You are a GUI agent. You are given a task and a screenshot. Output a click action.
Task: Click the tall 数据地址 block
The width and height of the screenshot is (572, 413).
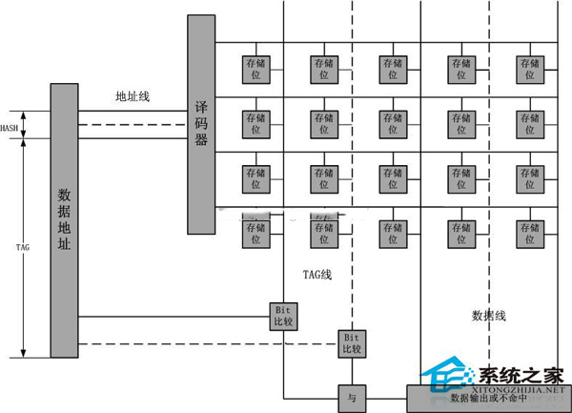64,220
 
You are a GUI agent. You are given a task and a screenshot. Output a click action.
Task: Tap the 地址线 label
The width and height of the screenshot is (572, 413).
133,96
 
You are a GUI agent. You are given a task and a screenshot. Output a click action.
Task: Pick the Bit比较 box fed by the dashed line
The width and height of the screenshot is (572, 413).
351,343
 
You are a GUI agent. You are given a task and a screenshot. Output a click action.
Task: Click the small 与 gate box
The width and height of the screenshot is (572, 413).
352,396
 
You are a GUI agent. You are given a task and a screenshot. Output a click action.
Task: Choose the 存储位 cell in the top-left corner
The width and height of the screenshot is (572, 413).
255,69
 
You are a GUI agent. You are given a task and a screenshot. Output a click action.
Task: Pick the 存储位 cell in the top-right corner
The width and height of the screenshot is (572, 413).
530,69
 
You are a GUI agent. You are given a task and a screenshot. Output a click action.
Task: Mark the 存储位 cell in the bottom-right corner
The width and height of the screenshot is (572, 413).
530,234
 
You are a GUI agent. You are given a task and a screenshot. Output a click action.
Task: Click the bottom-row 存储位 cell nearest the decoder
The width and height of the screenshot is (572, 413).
255,234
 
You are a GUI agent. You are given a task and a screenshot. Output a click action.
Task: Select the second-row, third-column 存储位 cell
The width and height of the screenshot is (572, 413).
393,124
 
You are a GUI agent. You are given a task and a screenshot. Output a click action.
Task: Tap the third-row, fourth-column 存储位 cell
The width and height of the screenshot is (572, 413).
461,178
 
